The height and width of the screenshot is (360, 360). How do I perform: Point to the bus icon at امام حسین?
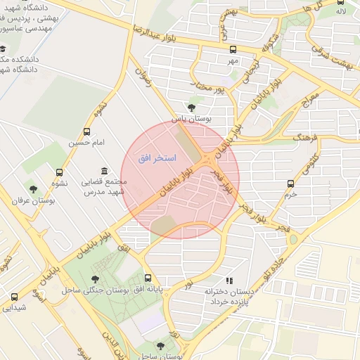pos(87,131)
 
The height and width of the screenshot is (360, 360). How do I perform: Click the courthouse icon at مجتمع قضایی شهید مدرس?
pos(105,170)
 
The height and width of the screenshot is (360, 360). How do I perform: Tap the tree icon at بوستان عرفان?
pos(32,188)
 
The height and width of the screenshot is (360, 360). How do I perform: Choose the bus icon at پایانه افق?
pos(148,278)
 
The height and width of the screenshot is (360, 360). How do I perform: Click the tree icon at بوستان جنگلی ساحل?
pos(95,279)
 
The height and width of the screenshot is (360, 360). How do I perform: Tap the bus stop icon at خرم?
pos(290,184)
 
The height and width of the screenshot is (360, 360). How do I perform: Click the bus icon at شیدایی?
pos(14,297)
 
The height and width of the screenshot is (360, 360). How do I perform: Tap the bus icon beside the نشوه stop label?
pos(59,172)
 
